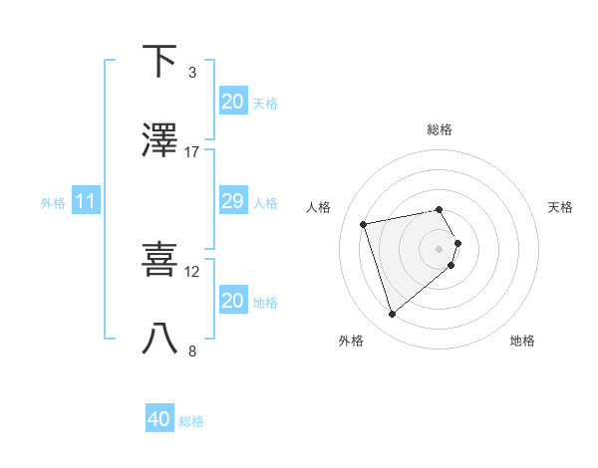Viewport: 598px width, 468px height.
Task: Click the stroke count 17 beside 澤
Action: pos(192,152)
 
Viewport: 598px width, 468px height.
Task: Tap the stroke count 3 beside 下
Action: pos(192,73)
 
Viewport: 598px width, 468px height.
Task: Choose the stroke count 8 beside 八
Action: pos(192,351)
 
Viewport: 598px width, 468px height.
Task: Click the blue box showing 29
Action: pos(232,201)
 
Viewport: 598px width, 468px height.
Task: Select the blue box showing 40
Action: pos(159,419)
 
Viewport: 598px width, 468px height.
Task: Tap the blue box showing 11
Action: pos(86,201)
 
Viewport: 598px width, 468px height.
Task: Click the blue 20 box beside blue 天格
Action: pos(232,102)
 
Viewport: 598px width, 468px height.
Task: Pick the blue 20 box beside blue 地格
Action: pos(232,301)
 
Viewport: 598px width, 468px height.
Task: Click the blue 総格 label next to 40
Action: pos(191,421)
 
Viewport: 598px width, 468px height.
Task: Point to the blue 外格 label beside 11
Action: pos(53,202)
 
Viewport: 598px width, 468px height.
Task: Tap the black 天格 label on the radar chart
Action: pos(561,207)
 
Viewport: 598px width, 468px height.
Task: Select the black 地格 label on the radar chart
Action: pos(522,341)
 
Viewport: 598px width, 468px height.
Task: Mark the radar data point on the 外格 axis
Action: pos(392,315)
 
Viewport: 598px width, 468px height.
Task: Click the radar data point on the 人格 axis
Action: pos(364,223)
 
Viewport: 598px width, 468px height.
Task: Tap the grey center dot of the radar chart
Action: pos(439,248)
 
